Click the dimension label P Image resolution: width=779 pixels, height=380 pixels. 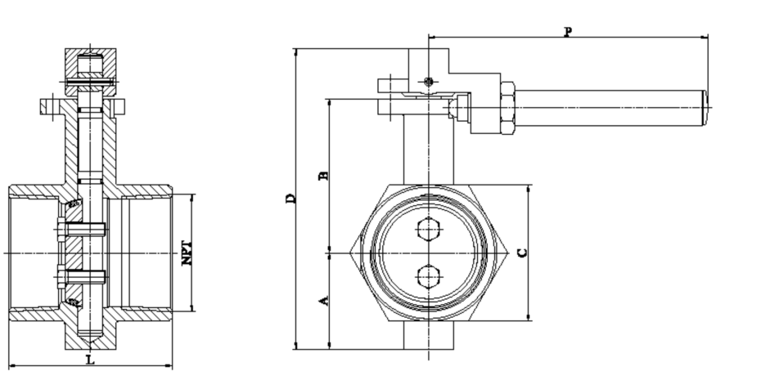click(568, 31)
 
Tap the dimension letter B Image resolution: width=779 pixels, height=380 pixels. click(323, 176)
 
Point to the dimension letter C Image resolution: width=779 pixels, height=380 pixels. click(522, 253)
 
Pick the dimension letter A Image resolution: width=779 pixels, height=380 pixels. click(323, 301)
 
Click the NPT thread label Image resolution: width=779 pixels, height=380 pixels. click(187, 253)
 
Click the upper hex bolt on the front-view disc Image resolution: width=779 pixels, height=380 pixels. click(428, 230)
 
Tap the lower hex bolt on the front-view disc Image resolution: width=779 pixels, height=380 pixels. click(428, 278)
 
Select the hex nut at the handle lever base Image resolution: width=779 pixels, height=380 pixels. click(505, 108)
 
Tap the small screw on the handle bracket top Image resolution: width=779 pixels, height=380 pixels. click(428, 81)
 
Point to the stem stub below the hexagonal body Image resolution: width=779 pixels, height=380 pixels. click(428, 335)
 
